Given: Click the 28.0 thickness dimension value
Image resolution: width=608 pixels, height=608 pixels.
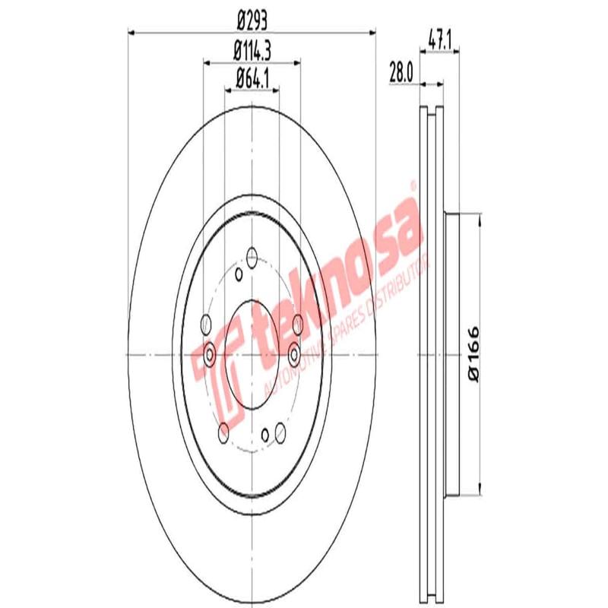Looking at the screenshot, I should pyautogui.click(x=401, y=73).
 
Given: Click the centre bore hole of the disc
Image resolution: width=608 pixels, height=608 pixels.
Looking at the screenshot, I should pyautogui.click(x=252, y=353).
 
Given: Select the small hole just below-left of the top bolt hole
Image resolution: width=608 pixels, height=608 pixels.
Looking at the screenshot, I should pyautogui.click(x=238, y=274).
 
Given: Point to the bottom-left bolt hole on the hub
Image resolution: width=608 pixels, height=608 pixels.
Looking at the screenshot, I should pyautogui.click(x=223, y=432).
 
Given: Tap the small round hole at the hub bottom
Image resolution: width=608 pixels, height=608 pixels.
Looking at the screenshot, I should pyautogui.click(x=265, y=435).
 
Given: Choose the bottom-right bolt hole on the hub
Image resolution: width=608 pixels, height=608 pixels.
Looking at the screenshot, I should pyautogui.click(x=280, y=432).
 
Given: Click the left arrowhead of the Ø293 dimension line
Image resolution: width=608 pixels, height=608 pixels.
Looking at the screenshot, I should pyautogui.click(x=131, y=32).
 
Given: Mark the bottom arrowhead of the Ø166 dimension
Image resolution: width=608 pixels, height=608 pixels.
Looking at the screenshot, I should pyautogui.click(x=480, y=489).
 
